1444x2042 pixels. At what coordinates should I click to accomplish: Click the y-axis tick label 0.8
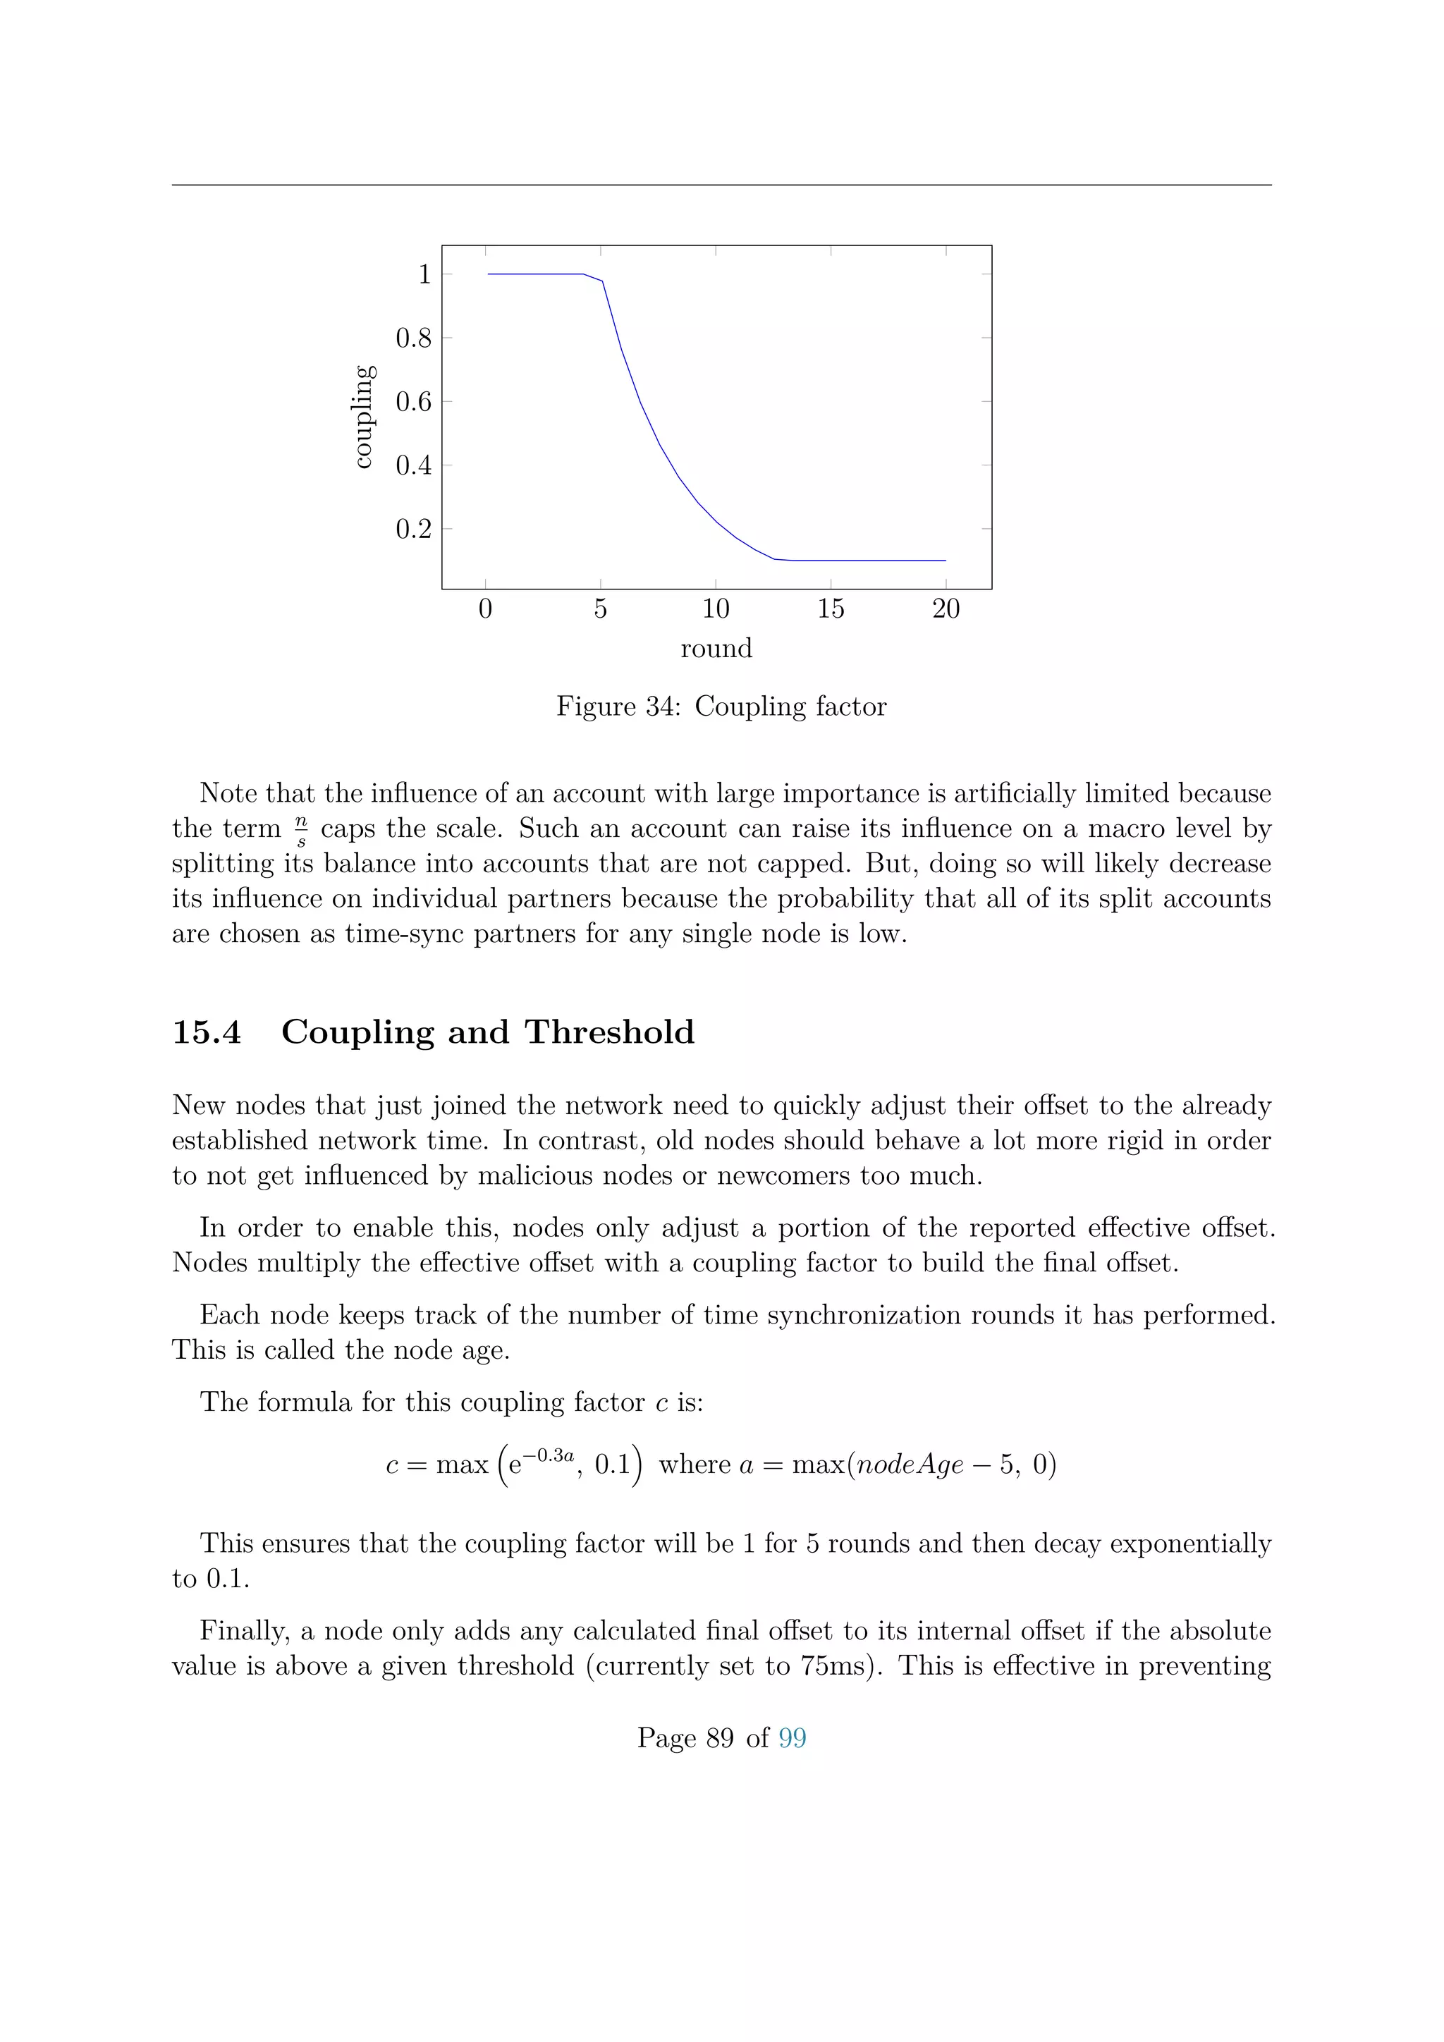[412, 338]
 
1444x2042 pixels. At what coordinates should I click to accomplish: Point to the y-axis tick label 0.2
[412, 529]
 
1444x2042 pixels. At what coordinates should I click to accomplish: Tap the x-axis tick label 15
[830, 609]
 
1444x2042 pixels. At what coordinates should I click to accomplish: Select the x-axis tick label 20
[946, 609]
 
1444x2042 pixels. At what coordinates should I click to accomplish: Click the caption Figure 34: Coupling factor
[721, 706]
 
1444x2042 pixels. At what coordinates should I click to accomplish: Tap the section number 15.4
[207, 1032]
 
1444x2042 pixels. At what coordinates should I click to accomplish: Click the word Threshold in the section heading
[609, 1032]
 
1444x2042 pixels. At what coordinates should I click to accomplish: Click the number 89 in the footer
[719, 1738]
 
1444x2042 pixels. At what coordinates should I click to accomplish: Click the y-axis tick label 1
[424, 274]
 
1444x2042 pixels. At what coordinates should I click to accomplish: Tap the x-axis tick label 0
[486, 609]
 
